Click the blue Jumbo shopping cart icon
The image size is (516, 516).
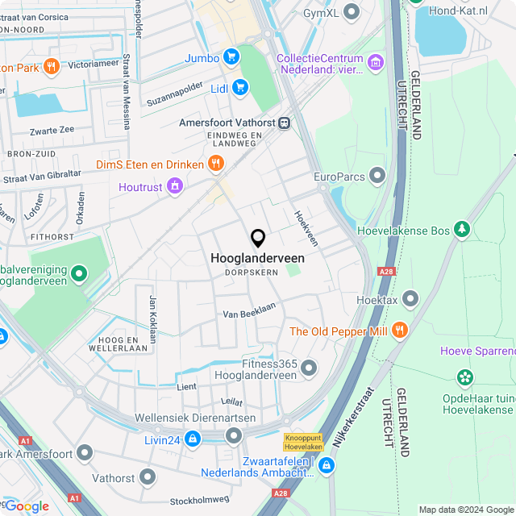[x=231, y=57]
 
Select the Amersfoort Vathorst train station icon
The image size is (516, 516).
[x=284, y=123]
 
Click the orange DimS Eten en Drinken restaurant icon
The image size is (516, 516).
[x=215, y=164]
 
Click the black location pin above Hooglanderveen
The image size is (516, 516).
[x=258, y=238]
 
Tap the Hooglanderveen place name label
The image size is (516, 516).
[x=257, y=258]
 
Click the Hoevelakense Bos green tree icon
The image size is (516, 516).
[x=462, y=230]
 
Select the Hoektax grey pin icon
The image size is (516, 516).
[x=410, y=300]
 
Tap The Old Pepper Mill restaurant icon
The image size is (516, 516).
[x=399, y=331]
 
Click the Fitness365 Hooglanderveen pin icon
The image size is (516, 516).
[x=309, y=369]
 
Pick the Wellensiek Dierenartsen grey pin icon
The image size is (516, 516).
[x=234, y=436]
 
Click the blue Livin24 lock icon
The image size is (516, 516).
[x=192, y=438]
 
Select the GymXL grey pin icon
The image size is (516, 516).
[x=351, y=12]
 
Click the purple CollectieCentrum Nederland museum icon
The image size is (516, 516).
[x=375, y=62]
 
